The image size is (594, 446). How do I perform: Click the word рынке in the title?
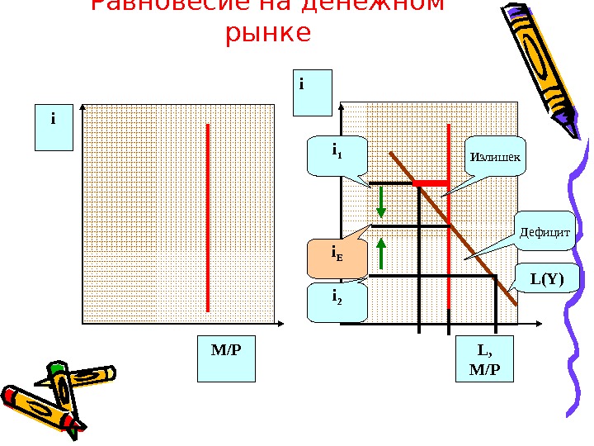click(267, 34)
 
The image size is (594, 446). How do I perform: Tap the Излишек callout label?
click(495, 156)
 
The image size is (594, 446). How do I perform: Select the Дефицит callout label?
click(545, 232)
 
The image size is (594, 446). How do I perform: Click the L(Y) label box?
click(547, 279)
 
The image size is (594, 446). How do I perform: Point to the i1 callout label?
click(337, 154)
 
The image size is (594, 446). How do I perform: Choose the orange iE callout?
click(337, 259)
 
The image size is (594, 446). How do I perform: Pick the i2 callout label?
click(337, 302)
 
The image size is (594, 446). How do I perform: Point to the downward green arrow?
click(383, 201)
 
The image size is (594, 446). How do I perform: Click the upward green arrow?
click(383, 253)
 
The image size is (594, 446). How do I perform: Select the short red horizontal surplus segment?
click(430, 183)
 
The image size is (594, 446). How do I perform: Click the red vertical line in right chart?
click(448, 248)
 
